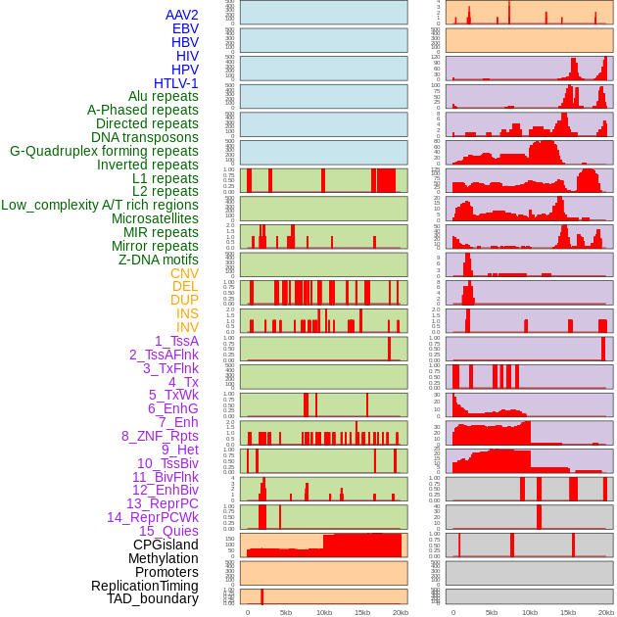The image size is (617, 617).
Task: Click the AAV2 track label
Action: [182, 15]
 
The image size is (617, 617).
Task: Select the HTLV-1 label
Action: [176, 83]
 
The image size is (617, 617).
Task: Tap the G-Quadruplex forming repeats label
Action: [104, 151]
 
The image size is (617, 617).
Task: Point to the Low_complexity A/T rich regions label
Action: [100, 205]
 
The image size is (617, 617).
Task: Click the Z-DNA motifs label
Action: [159, 260]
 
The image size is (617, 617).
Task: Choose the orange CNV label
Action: [184, 273]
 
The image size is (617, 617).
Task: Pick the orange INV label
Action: [187, 327]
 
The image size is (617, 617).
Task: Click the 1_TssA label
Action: [176, 341]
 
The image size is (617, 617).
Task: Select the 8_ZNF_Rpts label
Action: [160, 436]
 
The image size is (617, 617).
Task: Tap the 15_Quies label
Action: [168, 531]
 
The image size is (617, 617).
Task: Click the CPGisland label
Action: [166, 545]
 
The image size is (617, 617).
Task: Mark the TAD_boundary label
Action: [153, 598]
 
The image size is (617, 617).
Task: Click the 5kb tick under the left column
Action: [286, 612]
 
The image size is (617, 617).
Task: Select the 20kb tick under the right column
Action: [606, 612]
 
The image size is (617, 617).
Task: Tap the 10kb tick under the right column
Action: [530, 612]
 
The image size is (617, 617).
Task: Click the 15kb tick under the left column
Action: [362, 612]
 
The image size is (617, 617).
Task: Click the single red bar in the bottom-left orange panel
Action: [261, 596]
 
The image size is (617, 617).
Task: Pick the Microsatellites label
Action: [155, 218]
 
